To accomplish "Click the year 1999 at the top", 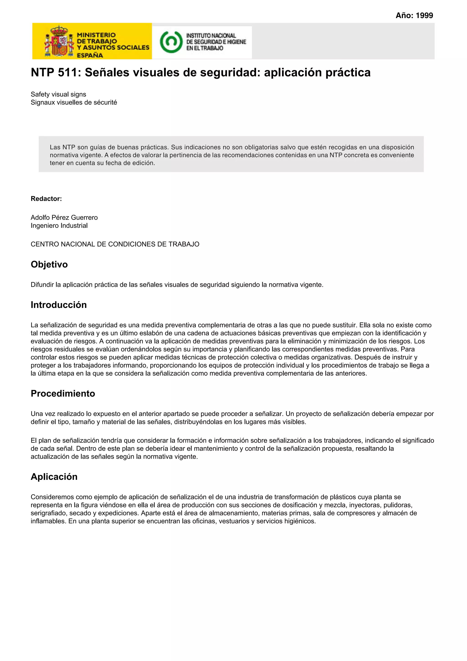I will [x=424, y=16].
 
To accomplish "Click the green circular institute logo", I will [x=171, y=42].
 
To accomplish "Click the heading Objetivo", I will [x=49, y=264].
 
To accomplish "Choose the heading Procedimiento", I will [x=63, y=393].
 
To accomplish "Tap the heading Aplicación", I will [x=54, y=476].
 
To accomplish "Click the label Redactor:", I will [x=46, y=199].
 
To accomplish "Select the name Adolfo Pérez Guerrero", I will [x=64, y=217].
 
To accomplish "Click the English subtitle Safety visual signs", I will [x=58, y=94].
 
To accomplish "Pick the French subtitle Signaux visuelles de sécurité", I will [x=74, y=102].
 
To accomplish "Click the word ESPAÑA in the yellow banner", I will [x=90, y=55].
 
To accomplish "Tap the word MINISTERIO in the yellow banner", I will [x=96, y=35].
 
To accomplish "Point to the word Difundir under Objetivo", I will [x=42, y=285].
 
